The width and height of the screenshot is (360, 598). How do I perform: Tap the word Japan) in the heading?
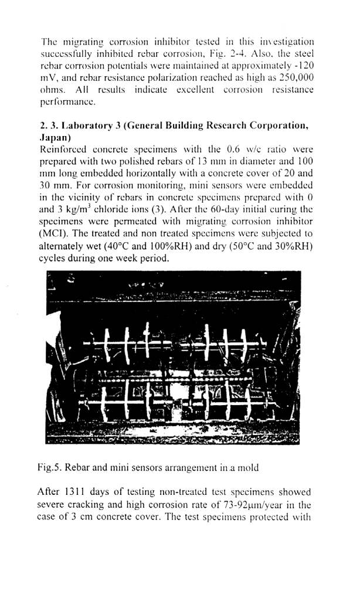pyautogui.click(x=58, y=138)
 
